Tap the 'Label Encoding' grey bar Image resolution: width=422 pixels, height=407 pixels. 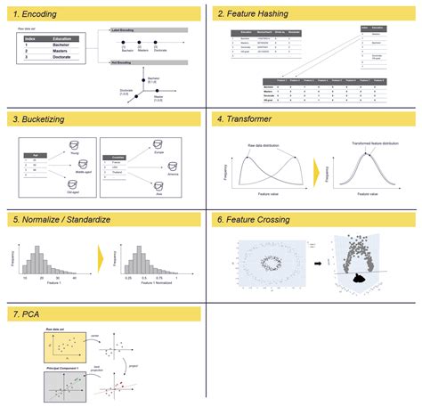click(147, 29)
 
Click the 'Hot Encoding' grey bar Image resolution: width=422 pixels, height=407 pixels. click(147, 64)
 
